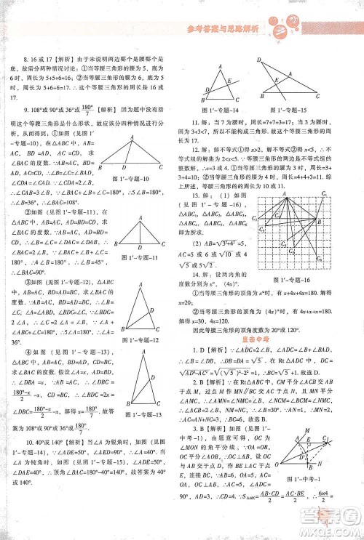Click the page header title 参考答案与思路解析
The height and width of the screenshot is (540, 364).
click(x=218, y=28)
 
